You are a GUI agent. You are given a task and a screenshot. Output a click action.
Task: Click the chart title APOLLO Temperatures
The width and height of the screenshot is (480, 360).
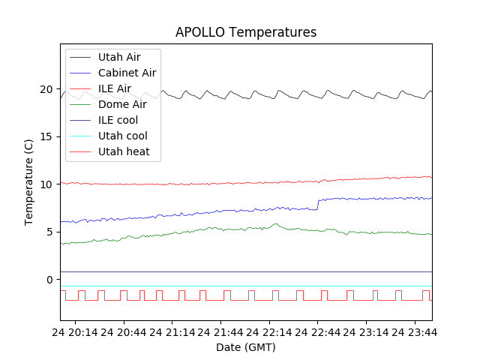pos(246,32)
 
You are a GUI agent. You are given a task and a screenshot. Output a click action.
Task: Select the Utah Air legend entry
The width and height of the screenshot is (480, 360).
pos(118,57)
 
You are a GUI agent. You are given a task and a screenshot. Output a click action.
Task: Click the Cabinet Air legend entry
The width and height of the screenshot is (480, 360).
pos(127,73)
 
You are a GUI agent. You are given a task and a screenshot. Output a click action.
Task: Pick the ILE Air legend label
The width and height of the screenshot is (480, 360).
pos(114,88)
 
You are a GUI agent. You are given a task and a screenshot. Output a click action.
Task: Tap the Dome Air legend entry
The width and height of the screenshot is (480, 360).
pos(122,104)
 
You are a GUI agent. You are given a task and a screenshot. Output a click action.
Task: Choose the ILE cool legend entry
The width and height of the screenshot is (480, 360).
pos(118,120)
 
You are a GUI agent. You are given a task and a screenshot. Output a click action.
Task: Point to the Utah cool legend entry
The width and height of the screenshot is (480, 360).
pos(122,136)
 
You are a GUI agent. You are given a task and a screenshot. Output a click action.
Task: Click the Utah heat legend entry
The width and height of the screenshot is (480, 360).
pos(124,151)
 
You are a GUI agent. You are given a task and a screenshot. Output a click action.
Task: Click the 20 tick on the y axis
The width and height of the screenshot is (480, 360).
pos(46,89)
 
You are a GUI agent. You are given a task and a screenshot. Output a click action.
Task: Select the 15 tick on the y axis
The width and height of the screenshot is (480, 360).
pos(46,136)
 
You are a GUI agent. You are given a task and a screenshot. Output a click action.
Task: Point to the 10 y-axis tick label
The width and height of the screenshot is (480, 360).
pos(46,184)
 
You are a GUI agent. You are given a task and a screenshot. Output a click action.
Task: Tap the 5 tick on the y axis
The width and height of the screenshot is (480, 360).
pos(49,232)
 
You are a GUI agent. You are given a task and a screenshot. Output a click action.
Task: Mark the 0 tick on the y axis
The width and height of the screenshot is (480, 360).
pos(49,280)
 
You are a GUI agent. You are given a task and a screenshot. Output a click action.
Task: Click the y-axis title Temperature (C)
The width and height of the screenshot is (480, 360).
pos(28,182)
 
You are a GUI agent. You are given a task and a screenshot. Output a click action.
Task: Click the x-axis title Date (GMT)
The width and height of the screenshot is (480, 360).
pos(246,347)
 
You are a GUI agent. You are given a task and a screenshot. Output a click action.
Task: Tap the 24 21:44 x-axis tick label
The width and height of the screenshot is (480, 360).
pos(220,331)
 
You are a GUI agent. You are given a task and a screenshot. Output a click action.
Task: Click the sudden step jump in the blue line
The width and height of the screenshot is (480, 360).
pos(318,204)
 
